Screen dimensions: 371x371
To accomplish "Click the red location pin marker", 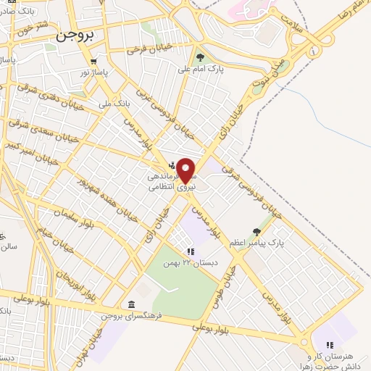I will [187, 170].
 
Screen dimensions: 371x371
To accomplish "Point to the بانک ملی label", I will [96, 104].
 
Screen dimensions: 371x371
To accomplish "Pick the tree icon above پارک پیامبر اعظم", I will [256, 232].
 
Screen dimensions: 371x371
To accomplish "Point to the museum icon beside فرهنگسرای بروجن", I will [131, 304].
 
